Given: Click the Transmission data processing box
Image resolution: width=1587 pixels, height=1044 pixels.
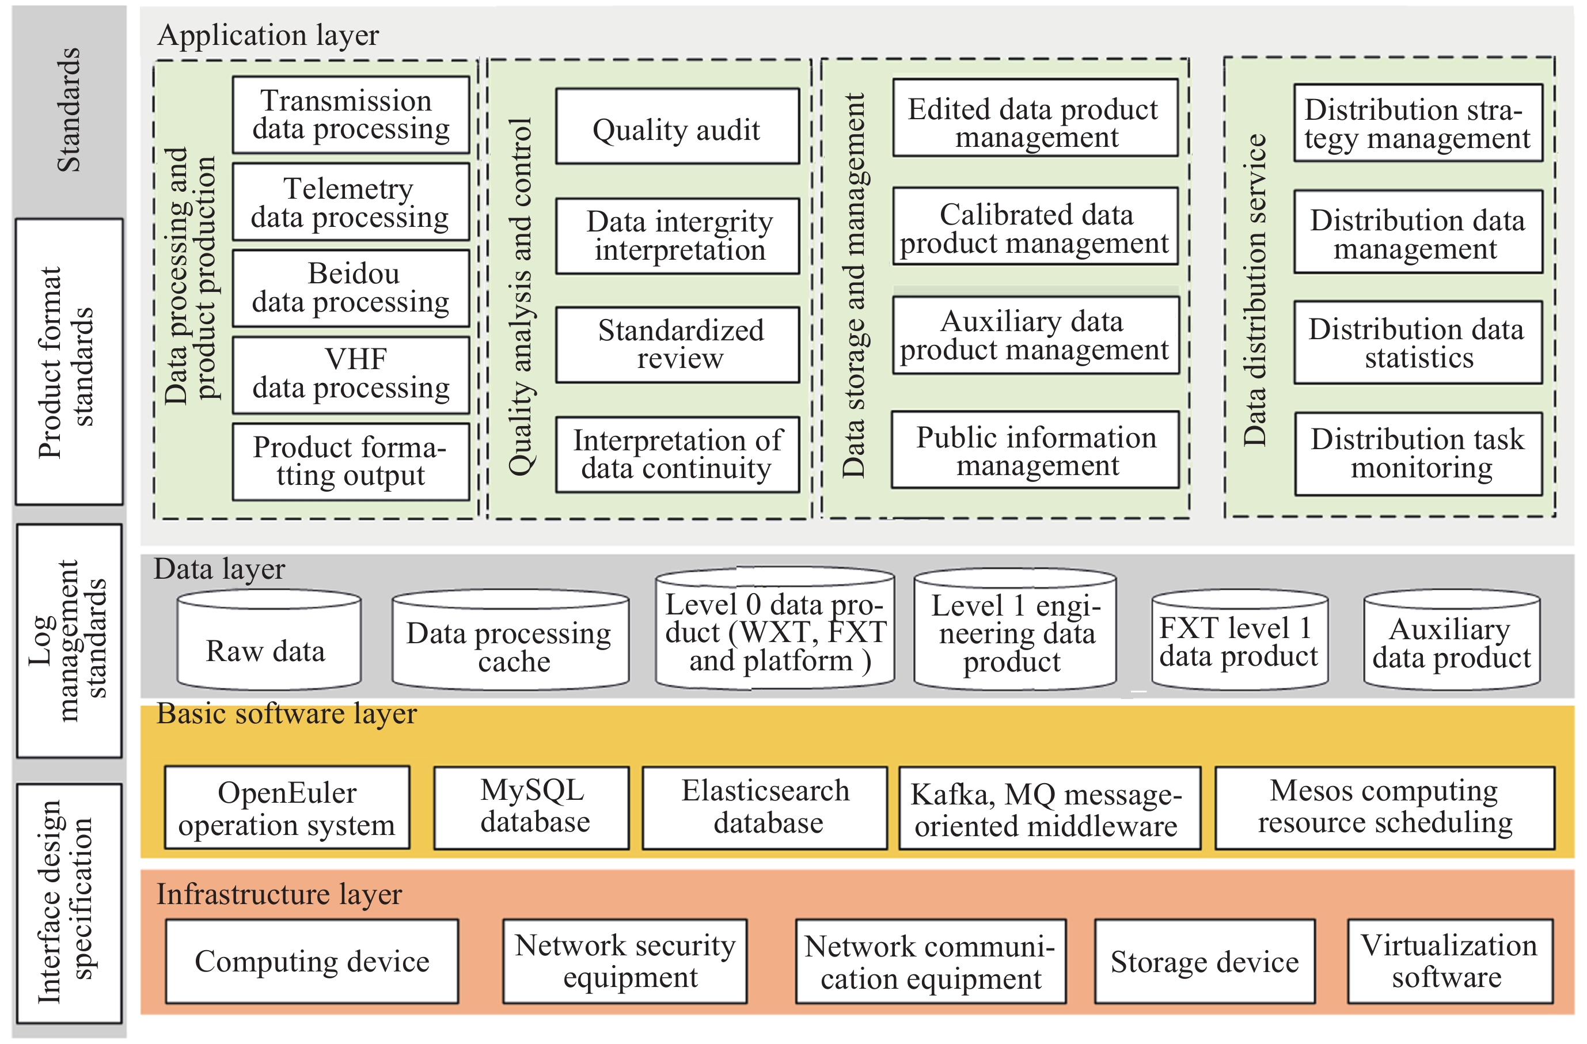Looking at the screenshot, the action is click(x=351, y=115).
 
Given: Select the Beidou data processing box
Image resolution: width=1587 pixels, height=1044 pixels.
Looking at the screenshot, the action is click(x=351, y=288).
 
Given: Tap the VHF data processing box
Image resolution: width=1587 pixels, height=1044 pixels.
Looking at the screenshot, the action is click(x=351, y=375).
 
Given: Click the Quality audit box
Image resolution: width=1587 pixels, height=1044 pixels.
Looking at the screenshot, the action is click(x=678, y=126).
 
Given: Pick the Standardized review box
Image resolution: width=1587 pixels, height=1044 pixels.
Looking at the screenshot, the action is click(x=678, y=345).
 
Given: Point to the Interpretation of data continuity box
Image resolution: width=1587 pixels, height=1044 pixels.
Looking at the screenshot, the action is click(x=678, y=455).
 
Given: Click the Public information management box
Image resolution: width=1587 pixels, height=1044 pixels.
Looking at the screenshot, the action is click(x=1035, y=450).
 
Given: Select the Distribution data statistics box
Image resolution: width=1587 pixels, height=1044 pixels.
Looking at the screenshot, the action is click(x=1418, y=343).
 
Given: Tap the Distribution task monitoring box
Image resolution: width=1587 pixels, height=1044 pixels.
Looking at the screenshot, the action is click(x=1419, y=454).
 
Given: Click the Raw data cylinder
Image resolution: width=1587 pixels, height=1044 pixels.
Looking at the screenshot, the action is click(x=269, y=639).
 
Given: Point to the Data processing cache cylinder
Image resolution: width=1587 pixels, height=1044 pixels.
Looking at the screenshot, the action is click(x=510, y=639).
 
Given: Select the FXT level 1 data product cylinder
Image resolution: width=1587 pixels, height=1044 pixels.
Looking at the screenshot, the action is click(x=1240, y=639).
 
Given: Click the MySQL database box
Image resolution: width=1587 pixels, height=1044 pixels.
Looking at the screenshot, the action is click(x=531, y=807).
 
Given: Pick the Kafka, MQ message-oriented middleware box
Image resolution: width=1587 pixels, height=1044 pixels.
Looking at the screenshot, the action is click(x=1050, y=807).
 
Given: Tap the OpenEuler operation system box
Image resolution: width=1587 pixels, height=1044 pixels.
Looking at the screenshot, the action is click(x=287, y=807).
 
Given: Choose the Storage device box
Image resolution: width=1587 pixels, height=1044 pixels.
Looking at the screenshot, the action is click(x=1205, y=961).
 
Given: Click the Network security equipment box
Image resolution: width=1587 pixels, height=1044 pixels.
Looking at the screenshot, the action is click(x=625, y=961).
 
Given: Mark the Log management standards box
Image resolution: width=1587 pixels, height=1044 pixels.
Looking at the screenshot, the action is click(x=69, y=641).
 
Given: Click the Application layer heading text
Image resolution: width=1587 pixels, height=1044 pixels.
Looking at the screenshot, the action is click(x=268, y=35).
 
